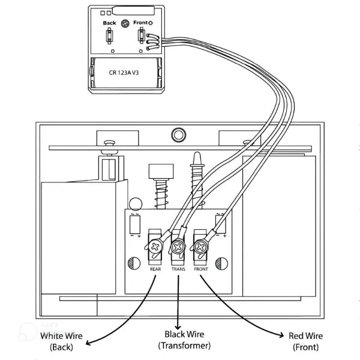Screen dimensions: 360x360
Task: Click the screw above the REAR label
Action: click(x=156, y=246)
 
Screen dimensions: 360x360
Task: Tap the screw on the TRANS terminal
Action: click(x=178, y=247)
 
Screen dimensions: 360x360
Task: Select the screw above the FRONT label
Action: click(x=200, y=246)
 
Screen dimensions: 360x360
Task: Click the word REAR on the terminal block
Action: click(x=155, y=269)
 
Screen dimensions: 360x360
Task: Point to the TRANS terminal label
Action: click(x=178, y=269)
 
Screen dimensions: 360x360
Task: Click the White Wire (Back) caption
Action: click(x=61, y=341)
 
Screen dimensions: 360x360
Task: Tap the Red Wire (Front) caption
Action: click(x=306, y=341)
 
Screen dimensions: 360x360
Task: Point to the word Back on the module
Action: click(x=109, y=23)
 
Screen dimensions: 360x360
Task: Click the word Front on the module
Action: click(x=140, y=23)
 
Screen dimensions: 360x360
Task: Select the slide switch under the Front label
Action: click(x=141, y=37)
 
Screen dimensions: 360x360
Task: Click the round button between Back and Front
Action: click(x=125, y=23)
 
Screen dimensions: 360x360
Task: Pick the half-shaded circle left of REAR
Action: click(x=133, y=262)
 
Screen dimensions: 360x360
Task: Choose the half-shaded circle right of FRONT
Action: click(x=221, y=262)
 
